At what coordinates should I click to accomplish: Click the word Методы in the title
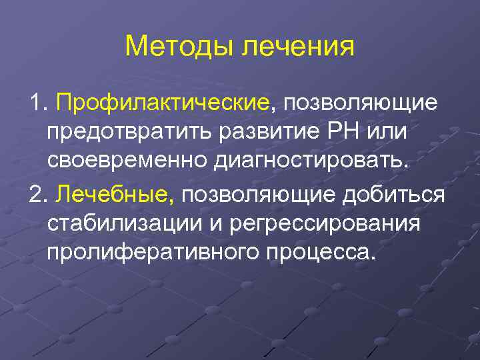click(x=179, y=47)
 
